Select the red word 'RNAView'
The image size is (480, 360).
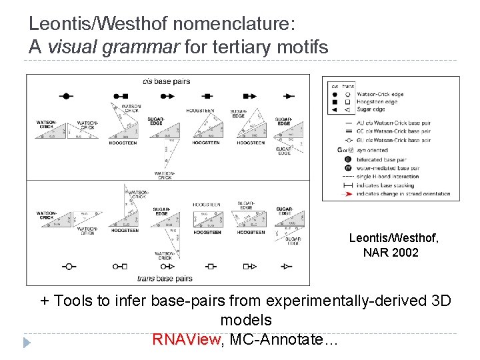186,339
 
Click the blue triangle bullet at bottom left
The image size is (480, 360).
27,343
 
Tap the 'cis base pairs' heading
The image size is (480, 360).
167,81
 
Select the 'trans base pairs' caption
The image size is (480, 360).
165,278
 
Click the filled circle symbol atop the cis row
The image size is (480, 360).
66,97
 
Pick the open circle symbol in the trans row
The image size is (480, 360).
68,266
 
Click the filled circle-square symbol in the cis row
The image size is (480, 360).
120,97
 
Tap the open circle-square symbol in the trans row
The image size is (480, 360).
120,266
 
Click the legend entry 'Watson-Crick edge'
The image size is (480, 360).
381,94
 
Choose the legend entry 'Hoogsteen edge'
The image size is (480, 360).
378,101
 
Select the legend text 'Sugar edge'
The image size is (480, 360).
373,109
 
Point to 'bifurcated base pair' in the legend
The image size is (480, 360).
382,160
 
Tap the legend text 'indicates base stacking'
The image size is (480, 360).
386,185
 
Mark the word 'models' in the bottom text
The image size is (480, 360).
246,320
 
